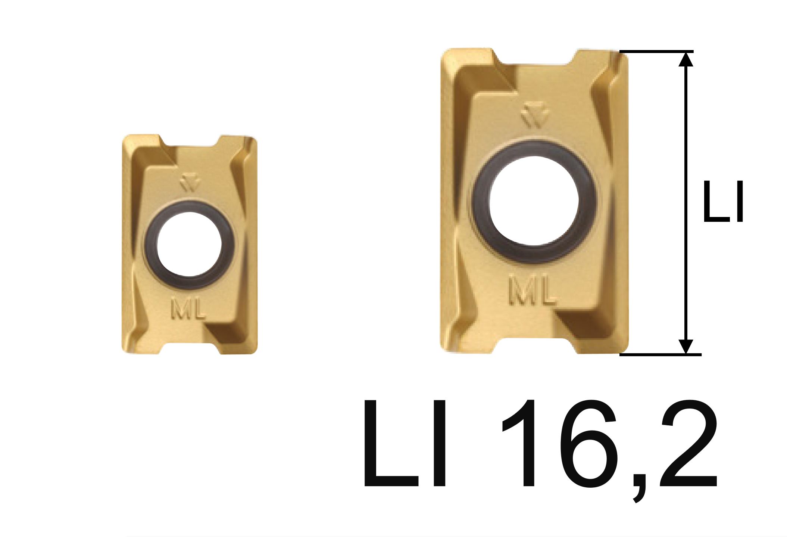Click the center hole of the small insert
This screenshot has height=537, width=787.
tap(189, 245)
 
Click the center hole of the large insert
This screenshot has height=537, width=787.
tap(534, 201)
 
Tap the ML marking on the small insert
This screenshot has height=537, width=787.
tap(188, 308)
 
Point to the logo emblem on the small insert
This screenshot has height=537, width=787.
tap(190, 183)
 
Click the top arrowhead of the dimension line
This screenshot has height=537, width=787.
tap(685, 60)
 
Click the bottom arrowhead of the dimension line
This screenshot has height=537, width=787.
tap(685, 346)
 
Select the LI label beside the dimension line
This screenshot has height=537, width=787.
tap(723, 202)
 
